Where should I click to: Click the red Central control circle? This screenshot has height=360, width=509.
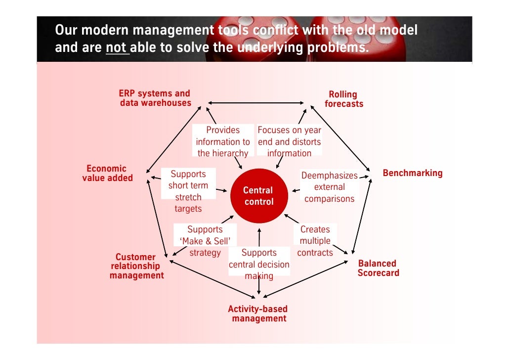(x=258, y=196)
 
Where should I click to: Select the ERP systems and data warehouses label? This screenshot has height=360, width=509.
(x=155, y=98)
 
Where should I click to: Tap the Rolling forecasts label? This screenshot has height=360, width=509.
(x=343, y=99)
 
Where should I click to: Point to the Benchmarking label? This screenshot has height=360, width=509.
(x=413, y=173)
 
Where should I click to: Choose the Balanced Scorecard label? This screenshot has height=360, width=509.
(x=378, y=268)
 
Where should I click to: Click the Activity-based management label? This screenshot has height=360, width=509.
(x=258, y=314)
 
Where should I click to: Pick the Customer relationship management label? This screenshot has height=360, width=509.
(x=136, y=266)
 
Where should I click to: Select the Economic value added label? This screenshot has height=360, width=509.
(x=107, y=174)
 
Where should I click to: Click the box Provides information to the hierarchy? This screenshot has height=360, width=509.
(x=223, y=141)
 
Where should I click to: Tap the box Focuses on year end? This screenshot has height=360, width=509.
(x=289, y=141)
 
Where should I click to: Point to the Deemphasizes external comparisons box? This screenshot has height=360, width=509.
(x=329, y=187)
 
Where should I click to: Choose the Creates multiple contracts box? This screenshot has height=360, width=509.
(x=315, y=241)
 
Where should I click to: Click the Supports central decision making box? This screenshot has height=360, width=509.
(x=259, y=264)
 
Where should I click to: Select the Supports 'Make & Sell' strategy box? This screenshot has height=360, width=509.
(x=205, y=241)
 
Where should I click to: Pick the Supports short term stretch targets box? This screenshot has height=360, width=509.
(x=188, y=191)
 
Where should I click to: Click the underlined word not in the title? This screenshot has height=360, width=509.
(x=117, y=48)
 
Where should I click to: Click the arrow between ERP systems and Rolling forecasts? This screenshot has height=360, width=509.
(x=256, y=103)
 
